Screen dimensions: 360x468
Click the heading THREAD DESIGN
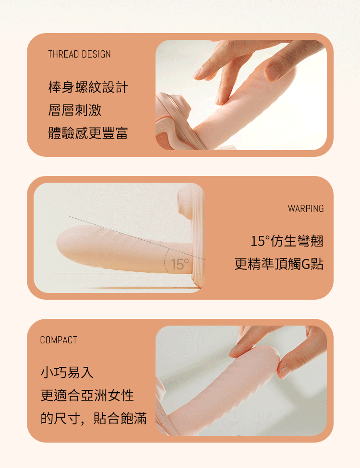click(x=80, y=54)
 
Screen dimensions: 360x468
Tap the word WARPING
click(x=306, y=208)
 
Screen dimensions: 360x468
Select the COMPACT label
click(x=59, y=339)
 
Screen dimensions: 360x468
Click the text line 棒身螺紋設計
click(x=88, y=87)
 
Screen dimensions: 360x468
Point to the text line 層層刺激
click(x=75, y=110)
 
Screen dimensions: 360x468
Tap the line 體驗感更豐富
click(x=88, y=133)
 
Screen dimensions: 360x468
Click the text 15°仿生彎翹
click(x=287, y=241)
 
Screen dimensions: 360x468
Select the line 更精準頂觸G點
click(x=279, y=264)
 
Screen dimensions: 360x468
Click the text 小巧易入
click(x=67, y=373)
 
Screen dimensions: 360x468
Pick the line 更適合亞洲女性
click(x=87, y=395)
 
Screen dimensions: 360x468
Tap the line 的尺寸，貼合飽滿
click(x=94, y=418)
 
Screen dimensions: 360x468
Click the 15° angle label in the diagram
click(x=180, y=264)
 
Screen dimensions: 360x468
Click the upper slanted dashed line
click(x=136, y=237)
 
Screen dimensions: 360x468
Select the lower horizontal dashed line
click(x=132, y=273)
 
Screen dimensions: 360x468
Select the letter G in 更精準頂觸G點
click(x=306, y=264)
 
